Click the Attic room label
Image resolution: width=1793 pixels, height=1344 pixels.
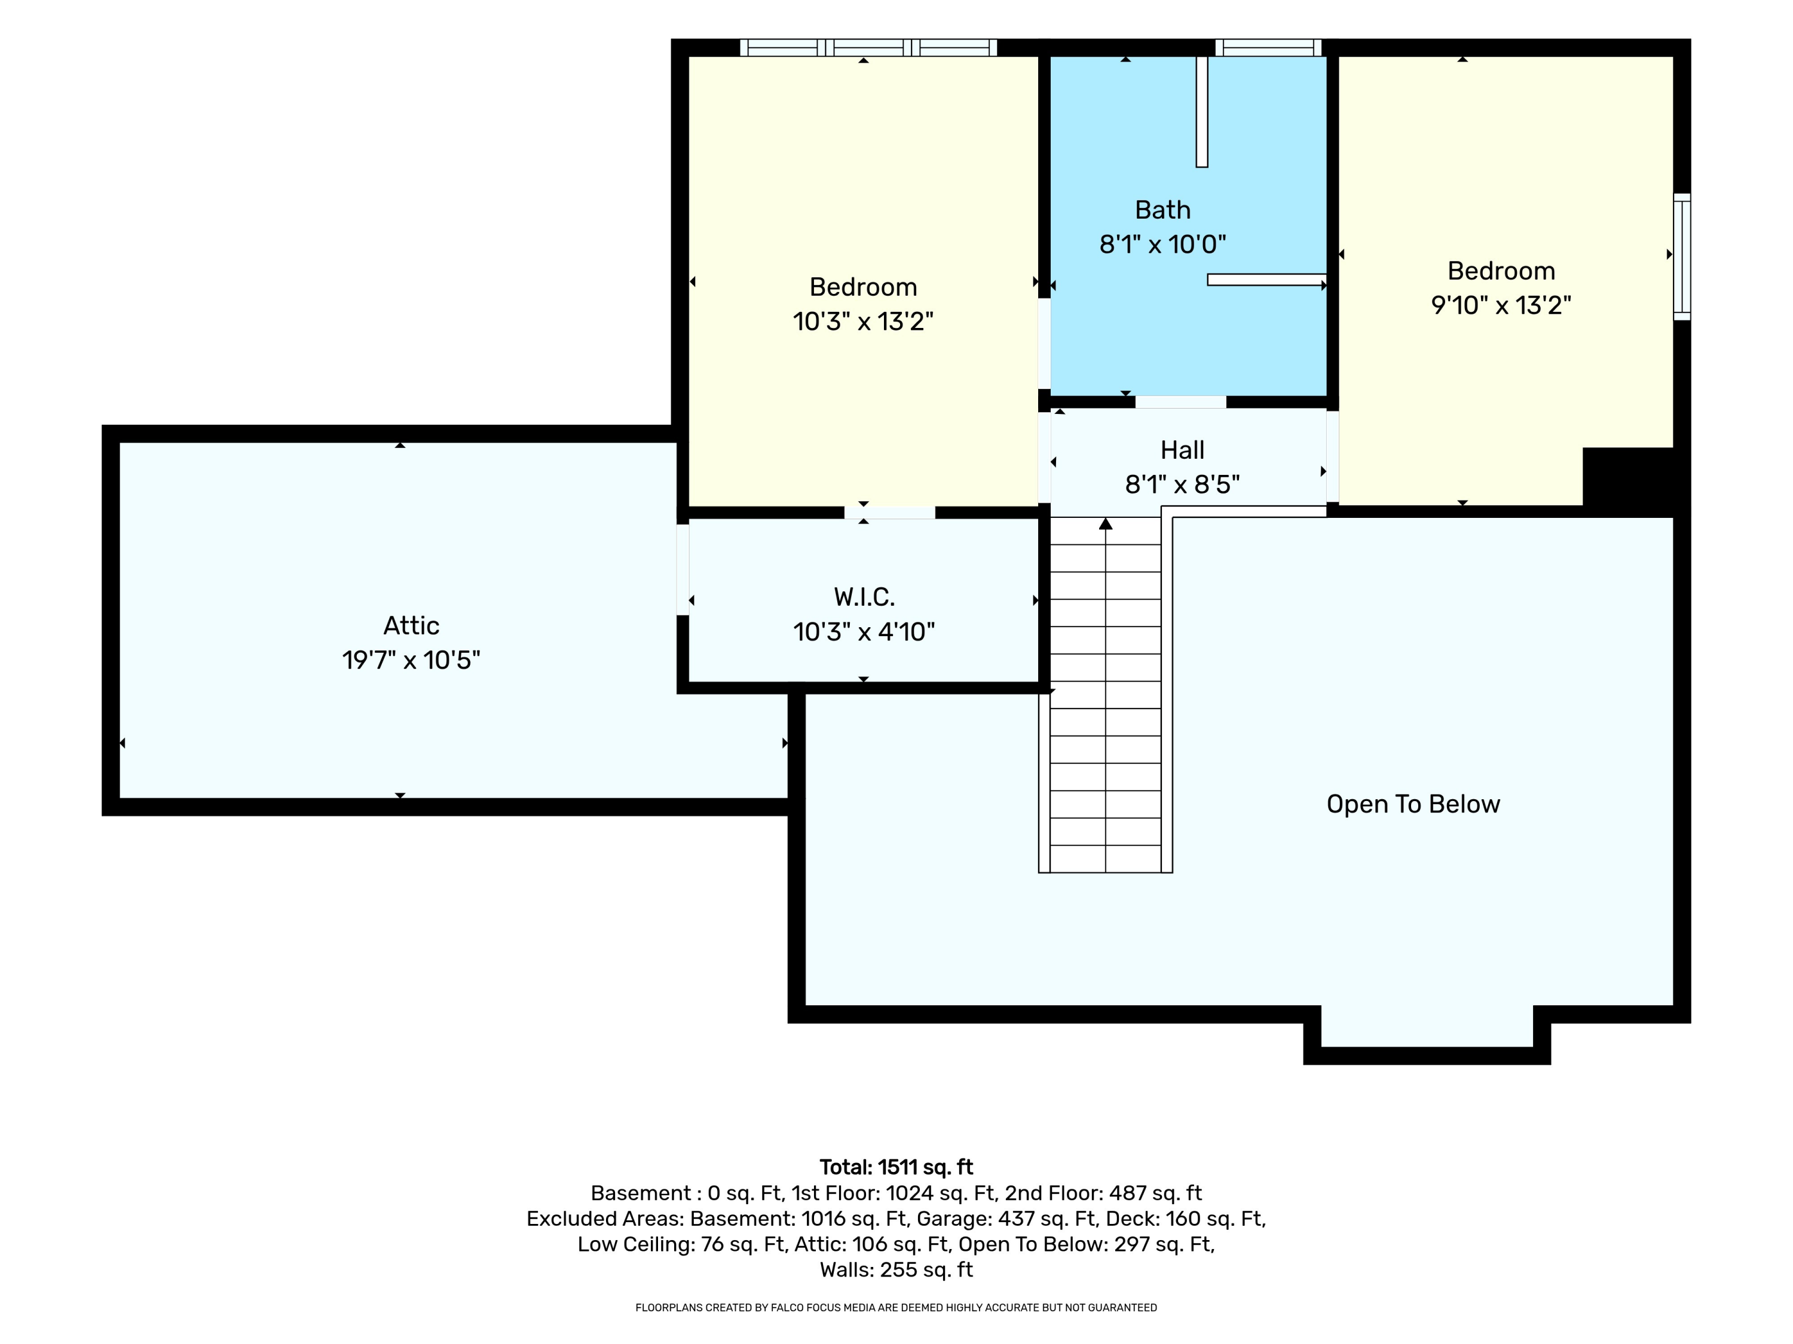tap(411, 625)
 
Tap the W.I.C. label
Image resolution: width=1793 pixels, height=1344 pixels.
tap(864, 597)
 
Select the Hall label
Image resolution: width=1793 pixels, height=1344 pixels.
tap(1182, 450)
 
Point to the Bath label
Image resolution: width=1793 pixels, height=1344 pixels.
tap(1162, 210)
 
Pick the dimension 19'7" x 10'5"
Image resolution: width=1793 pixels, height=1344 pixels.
tap(411, 660)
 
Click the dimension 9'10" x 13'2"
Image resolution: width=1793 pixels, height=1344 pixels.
tap(1501, 305)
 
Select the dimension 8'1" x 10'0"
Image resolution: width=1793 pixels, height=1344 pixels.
tap(1162, 244)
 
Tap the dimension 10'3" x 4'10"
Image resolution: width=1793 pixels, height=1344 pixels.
tap(864, 632)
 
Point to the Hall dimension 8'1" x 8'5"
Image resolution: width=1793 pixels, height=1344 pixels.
tap(1182, 484)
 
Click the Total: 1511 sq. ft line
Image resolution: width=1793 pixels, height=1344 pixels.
tap(896, 1167)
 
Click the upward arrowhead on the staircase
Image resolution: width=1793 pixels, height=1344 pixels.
tap(1106, 523)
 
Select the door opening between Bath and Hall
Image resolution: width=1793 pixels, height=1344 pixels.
tap(1180, 402)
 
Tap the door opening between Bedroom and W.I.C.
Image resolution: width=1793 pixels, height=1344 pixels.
tap(889, 512)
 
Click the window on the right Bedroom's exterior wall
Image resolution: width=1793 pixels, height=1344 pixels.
tap(1682, 257)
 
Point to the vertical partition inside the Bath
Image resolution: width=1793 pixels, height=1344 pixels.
tap(1202, 112)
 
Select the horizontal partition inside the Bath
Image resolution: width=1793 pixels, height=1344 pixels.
tap(1267, 280)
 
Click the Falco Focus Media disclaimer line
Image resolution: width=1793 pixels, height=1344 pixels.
tap(896, 1308)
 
